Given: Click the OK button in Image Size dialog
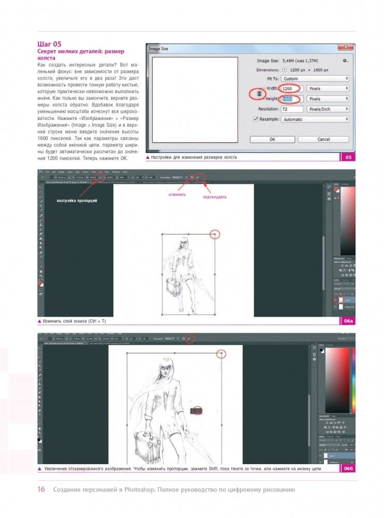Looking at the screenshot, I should coord(272,139).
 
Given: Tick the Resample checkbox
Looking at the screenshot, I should coord(255,120).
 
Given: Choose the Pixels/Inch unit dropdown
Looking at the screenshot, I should coord(328,109).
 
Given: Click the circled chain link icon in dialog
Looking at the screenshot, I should coord(259,94).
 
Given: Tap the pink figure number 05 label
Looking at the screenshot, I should coord(348,157).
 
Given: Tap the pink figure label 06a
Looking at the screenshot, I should coord(348,321).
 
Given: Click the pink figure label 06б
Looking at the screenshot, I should coord(348,469).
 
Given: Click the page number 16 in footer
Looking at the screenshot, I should coord(41,490).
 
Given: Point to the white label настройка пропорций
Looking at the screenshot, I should coord(77,200).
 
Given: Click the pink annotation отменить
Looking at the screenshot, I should coord(178,195).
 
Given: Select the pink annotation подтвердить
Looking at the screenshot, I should coord(214,197).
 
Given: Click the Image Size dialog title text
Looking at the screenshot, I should coord(158,49).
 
